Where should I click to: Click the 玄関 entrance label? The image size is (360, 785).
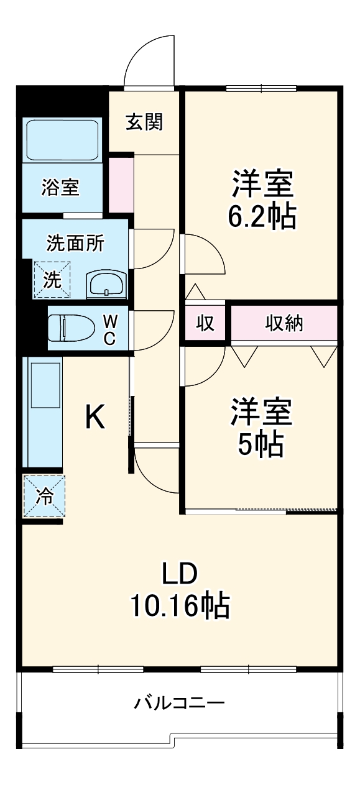144,122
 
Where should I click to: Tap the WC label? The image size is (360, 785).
109,329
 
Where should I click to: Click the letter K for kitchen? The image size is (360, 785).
95,417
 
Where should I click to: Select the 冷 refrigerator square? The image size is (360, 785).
44,496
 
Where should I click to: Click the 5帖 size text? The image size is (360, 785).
261,444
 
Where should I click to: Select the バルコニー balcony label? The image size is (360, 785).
180,704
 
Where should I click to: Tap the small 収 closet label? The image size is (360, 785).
205,323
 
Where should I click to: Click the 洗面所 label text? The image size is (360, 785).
75,243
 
